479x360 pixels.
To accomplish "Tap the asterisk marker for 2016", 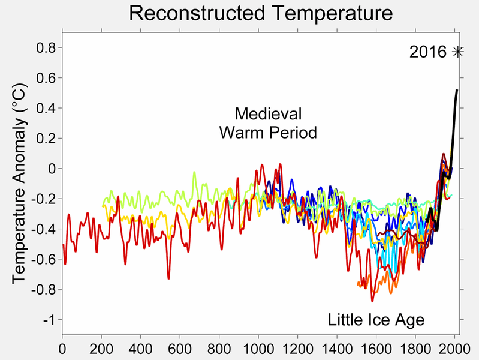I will click(x=458, y=52).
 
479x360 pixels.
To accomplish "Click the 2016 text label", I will click(x=428, y=52).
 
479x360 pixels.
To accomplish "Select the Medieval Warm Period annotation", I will click(x=268, y=123).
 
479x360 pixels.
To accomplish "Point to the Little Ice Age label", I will click(x=376, y=320).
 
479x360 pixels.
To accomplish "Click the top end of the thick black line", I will click(x=457, y=91).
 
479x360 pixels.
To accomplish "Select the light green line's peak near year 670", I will click(x=194, y=172).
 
